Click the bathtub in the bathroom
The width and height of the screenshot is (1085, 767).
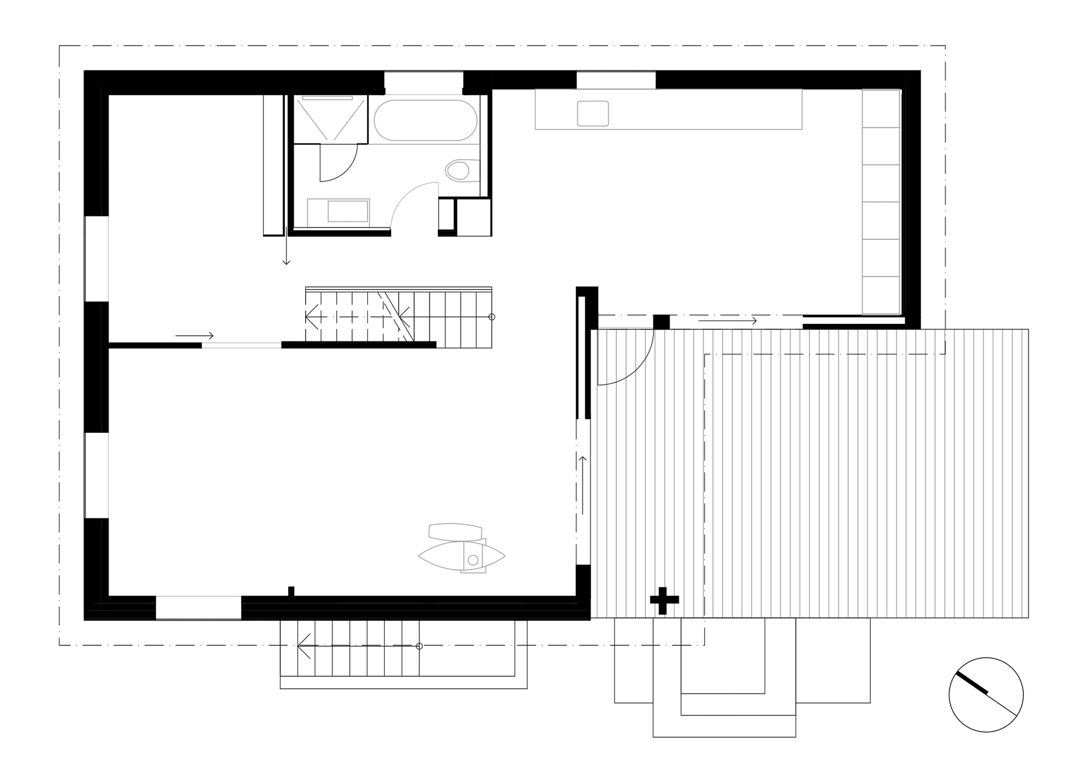coord(425,120)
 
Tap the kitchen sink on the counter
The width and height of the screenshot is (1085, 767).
coord(592,113)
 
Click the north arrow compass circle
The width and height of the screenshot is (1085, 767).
coord(986,695)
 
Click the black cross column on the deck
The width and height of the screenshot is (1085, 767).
coord(664,601)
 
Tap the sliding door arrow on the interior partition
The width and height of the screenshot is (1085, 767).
coord(194,336)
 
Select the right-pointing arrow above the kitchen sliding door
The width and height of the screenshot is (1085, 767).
coord(727,321)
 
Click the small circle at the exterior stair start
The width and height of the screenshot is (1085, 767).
coord(419,646)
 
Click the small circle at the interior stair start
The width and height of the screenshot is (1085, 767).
coord(492,317)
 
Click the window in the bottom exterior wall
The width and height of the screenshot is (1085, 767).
coord(198,608)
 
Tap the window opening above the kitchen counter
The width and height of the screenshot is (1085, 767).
coord(616,80)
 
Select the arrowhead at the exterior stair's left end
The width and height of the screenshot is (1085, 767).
coord(301,646)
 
